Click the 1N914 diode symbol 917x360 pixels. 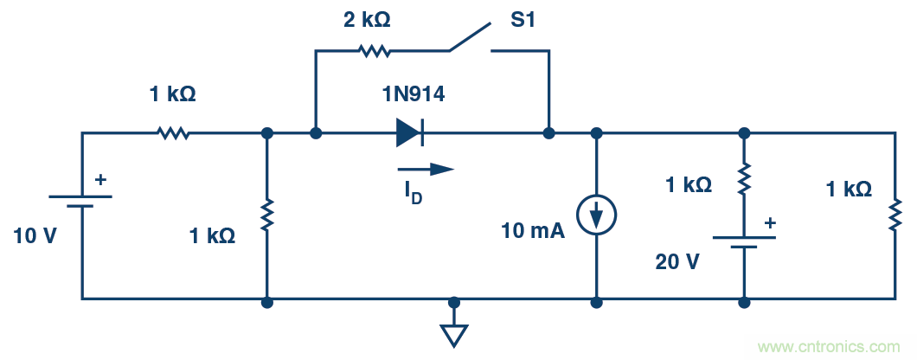[409, 132]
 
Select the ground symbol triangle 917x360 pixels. [454, 334]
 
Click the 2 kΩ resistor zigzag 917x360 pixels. [375, 51]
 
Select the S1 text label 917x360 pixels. [523, 19]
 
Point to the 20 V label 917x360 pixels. [677, 261]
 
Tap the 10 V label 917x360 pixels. [35, 235]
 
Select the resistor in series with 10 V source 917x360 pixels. [173, 133]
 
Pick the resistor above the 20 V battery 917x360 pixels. [743, 181]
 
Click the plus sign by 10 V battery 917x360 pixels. [100, 180]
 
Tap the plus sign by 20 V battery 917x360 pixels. [769, 222]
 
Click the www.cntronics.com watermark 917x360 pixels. [829, 347]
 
